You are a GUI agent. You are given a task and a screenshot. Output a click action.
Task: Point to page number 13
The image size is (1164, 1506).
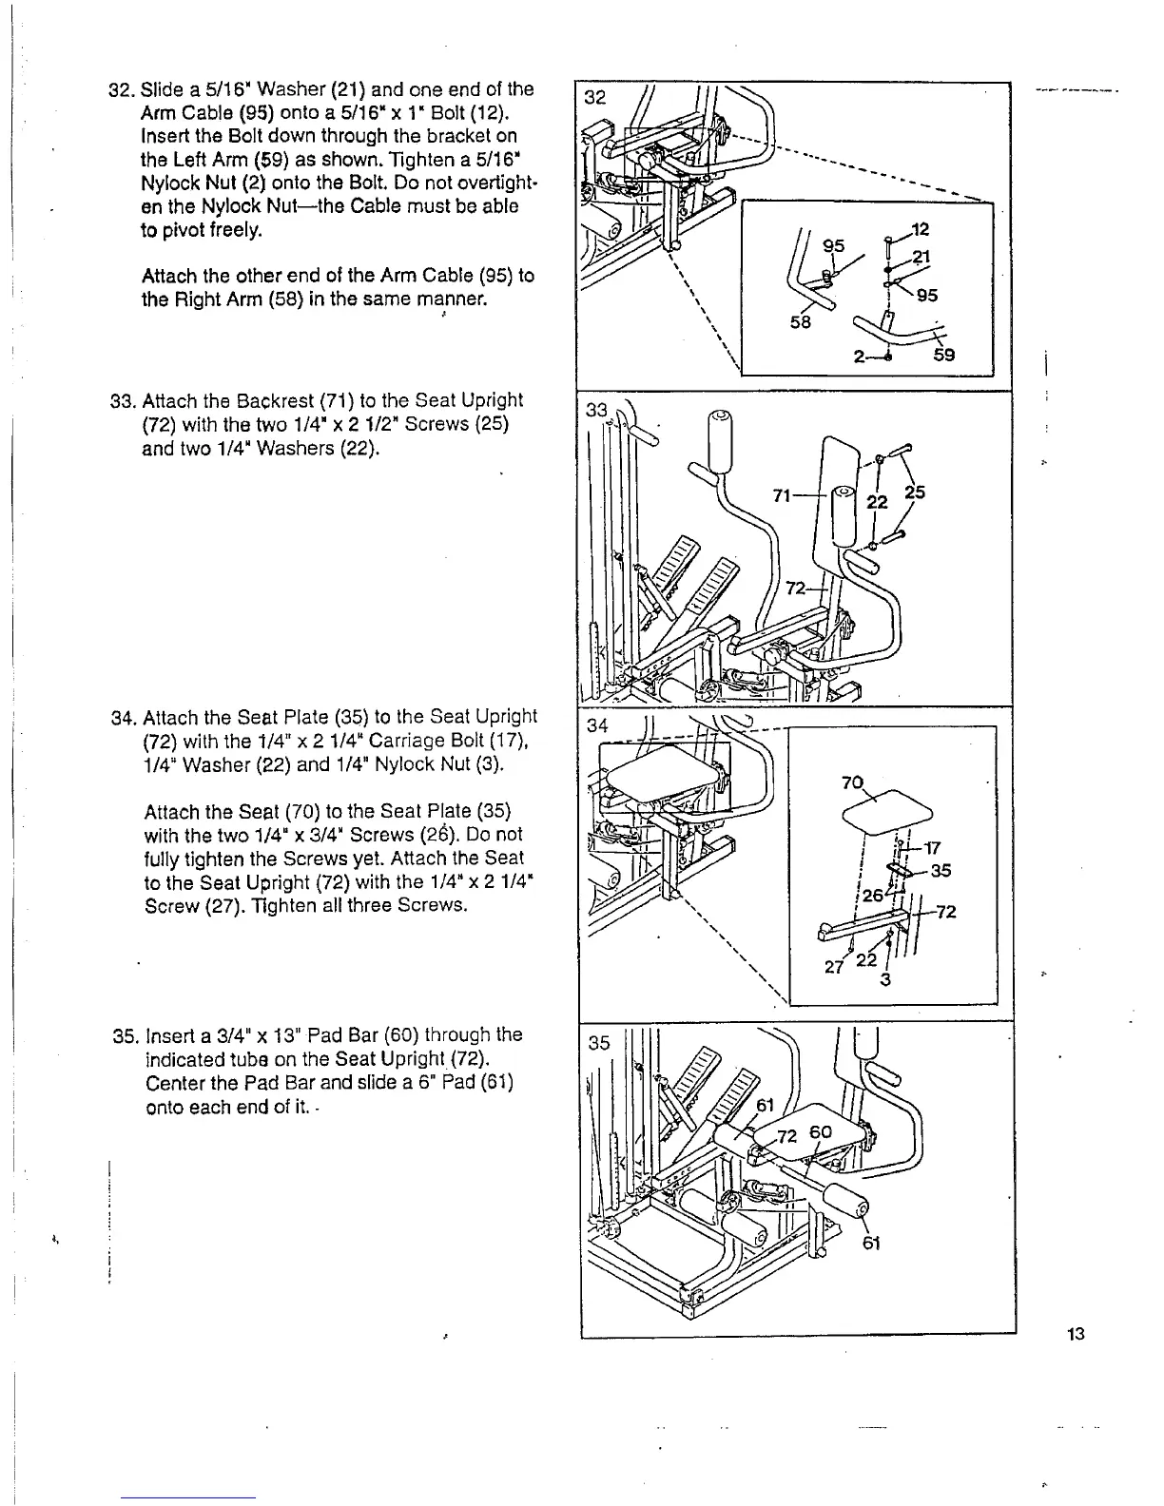(x=1076, y=1334)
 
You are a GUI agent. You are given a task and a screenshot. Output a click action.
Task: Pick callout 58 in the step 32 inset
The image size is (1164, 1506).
(x=800, y=322)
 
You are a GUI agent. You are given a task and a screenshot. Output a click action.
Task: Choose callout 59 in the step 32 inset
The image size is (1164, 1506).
(x=943, y=356)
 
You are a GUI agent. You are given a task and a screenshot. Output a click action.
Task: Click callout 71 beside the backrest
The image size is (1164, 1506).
(x=783, y=495)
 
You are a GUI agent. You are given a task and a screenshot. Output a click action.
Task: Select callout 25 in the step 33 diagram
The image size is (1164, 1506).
(x=915, y=492)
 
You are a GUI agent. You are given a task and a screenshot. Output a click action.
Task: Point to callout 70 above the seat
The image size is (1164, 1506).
(x=851, y=784)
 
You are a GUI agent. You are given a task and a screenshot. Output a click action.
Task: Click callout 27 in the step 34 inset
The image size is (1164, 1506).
(x=833, y=967)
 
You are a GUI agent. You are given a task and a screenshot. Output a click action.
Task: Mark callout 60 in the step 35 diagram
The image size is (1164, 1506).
(x=821, y=1131)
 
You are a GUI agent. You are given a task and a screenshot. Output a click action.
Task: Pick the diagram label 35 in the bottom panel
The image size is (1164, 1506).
(x=598, y=1043)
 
